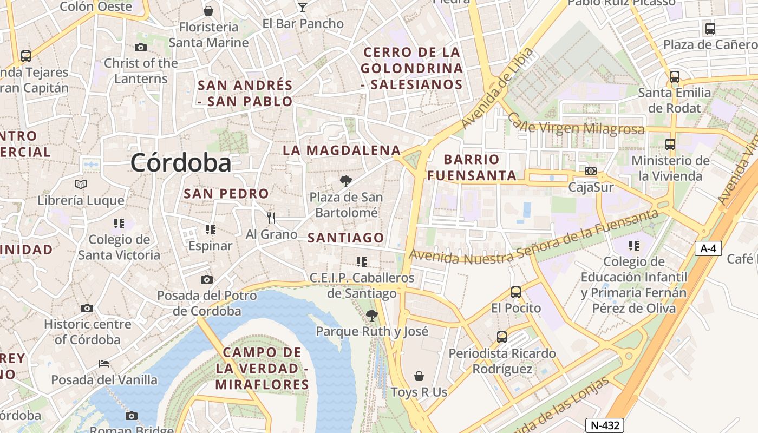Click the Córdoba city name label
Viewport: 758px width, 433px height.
[181, 162]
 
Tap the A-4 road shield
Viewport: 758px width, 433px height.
[708, 248]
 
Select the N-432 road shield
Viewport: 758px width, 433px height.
[605, 425]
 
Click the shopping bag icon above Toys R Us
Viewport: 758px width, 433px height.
[419, 376]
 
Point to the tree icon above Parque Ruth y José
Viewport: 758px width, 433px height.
[371, 315]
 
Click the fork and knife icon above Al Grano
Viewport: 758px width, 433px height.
[271, 218]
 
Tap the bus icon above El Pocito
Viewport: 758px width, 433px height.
[516, 292]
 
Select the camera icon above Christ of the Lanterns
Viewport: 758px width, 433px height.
[141, 48]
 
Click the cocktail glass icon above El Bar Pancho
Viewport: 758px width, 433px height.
[303, 8]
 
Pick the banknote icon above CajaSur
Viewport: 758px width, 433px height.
[591, 171]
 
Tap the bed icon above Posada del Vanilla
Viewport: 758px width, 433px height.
[104, 364]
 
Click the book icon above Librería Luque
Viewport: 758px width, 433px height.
[81, 185]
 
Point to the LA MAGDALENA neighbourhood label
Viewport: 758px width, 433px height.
[342, 150]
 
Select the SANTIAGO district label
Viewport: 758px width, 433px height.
[346, 238]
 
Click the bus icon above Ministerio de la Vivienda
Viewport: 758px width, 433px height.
[670, 145]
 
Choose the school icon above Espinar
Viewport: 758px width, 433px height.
[211, 229]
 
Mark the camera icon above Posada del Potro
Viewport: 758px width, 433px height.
[206, 280]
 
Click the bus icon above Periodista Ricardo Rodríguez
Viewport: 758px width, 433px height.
[502, 337]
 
